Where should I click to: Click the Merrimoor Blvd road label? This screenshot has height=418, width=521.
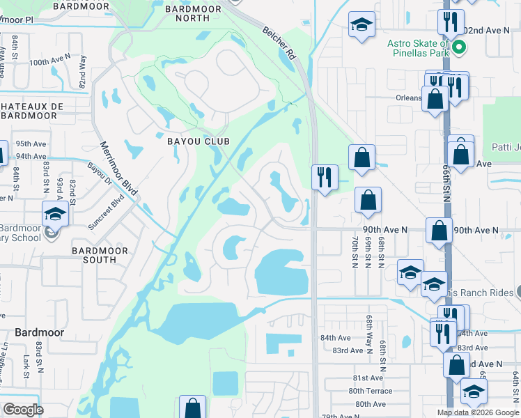click(119, 167)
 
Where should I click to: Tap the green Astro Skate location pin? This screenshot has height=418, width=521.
click(459, 47)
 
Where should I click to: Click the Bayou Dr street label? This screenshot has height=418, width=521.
click(99, 177)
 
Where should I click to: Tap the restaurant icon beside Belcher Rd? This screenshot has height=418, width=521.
click(325, 177)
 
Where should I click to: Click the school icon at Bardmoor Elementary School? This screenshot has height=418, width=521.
click(55, 214)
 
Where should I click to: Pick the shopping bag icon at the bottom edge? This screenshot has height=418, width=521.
click(193, 408)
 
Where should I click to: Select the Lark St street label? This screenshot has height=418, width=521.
click(26, 368)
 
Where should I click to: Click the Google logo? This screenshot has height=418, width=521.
click(23, 410)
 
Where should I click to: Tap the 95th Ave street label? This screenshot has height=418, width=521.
click(30, 144)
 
